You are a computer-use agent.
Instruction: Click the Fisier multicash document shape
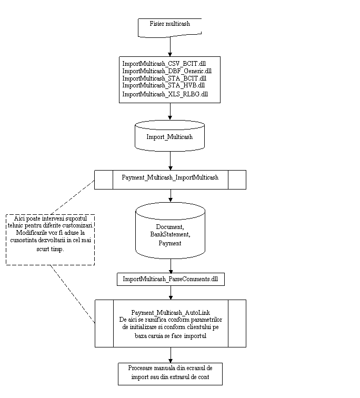coord(169,27)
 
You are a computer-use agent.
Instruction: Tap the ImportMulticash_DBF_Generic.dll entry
coord(167,71)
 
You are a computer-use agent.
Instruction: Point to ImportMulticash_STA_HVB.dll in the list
coord(163,85)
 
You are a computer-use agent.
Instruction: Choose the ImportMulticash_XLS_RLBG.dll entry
coord(165,94)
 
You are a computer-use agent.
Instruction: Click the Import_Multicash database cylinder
coord(169,136)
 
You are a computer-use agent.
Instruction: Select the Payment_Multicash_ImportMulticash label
coord(170,177)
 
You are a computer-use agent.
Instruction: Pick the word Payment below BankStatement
coord(170,243)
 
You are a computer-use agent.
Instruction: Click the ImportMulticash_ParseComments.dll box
coord(170,278)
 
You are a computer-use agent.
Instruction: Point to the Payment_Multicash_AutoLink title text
coord(170,313)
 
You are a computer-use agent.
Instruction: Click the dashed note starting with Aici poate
coord(51,240)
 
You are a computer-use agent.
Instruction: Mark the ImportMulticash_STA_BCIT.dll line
coord(164,78)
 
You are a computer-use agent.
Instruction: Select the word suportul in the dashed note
coord(79,218)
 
